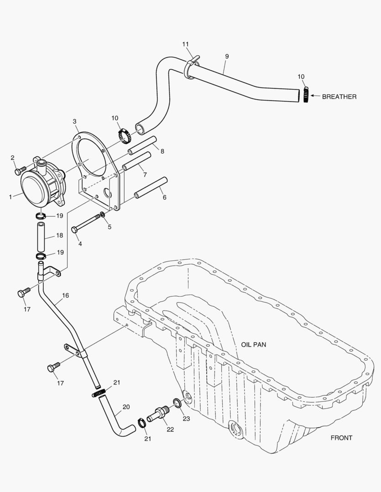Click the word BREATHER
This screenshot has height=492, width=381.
point(339,97)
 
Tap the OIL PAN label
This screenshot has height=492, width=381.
point(254,345)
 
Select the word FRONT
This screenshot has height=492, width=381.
point(341,438)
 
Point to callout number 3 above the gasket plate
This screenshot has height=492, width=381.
point(74,121)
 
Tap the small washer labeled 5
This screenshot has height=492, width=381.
point(103,214)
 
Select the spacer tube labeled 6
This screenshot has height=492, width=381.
point(151,188)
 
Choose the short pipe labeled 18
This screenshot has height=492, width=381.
point(42,236)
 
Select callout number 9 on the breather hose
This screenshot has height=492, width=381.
point(227,56)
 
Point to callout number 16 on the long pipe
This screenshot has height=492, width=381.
point(65,296)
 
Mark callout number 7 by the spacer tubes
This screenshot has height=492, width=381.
point(144,174)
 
